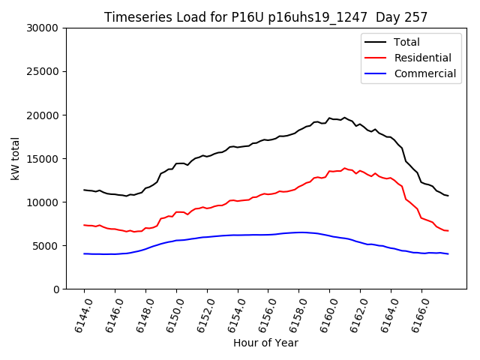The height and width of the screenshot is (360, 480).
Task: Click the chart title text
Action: (266, 17)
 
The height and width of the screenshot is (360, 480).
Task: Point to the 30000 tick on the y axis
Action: (43, 28)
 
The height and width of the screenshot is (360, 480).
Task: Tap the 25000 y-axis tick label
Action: (43, 72)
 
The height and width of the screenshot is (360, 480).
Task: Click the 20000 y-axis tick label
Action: (43, 115)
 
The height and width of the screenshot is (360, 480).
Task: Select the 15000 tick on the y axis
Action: (43, 159)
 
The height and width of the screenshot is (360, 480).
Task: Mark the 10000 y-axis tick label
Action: (43, 202)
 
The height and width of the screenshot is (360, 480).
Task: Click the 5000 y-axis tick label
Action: (46, 246)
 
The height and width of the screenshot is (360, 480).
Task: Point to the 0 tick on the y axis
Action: (55, 289)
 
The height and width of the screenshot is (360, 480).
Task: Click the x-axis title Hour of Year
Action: (265, 343)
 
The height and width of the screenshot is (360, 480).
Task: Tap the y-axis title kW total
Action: (15, 158)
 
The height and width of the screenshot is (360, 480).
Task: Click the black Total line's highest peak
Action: (344, 117)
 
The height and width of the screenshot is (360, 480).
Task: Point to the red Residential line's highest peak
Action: (344, 168)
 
